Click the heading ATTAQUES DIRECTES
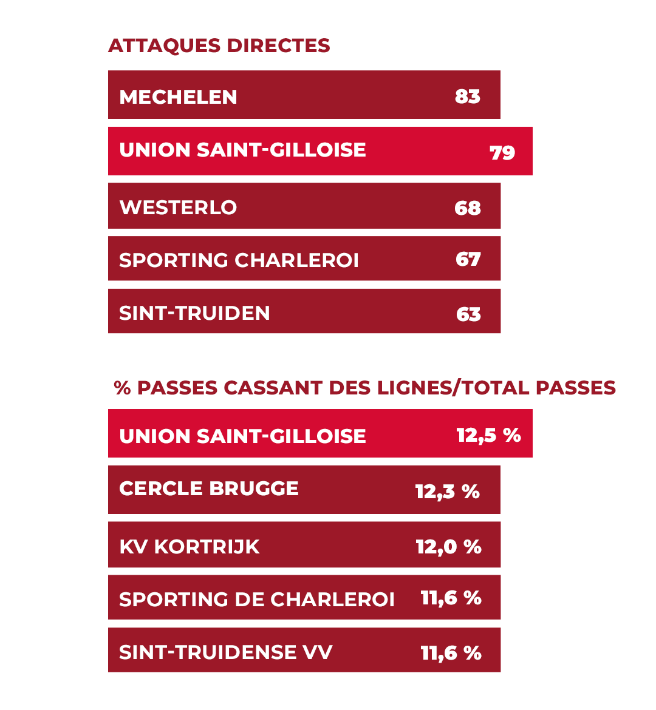click(x=219, y=46)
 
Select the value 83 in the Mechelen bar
click(x=468, y=96)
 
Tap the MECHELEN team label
click(x=178, y=96)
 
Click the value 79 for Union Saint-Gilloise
click(x=502, y=152)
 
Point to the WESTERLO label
click(x=178, y=208)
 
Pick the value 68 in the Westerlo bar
click(x=468, y=208)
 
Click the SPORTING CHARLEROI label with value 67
click(x=239, y=260)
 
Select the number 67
click(x=468, y=259)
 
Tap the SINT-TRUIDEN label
click(x=194, y=313)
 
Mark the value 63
click(x=468, y=314)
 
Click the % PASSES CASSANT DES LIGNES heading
click(x=364, y=388)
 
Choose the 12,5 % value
click(x=488, y=435)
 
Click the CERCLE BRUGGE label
click(x=209, y=489)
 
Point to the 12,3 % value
click(x=448, y=491)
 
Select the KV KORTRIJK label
click(x=189, y=547)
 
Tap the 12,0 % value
click(x=448, y=547)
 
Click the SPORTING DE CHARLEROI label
click(x=256, y=600)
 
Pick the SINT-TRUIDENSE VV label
click(x=225, y=652)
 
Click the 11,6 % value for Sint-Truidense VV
click(x=451, y=653)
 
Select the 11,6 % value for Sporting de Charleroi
click(x=451, y=598)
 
